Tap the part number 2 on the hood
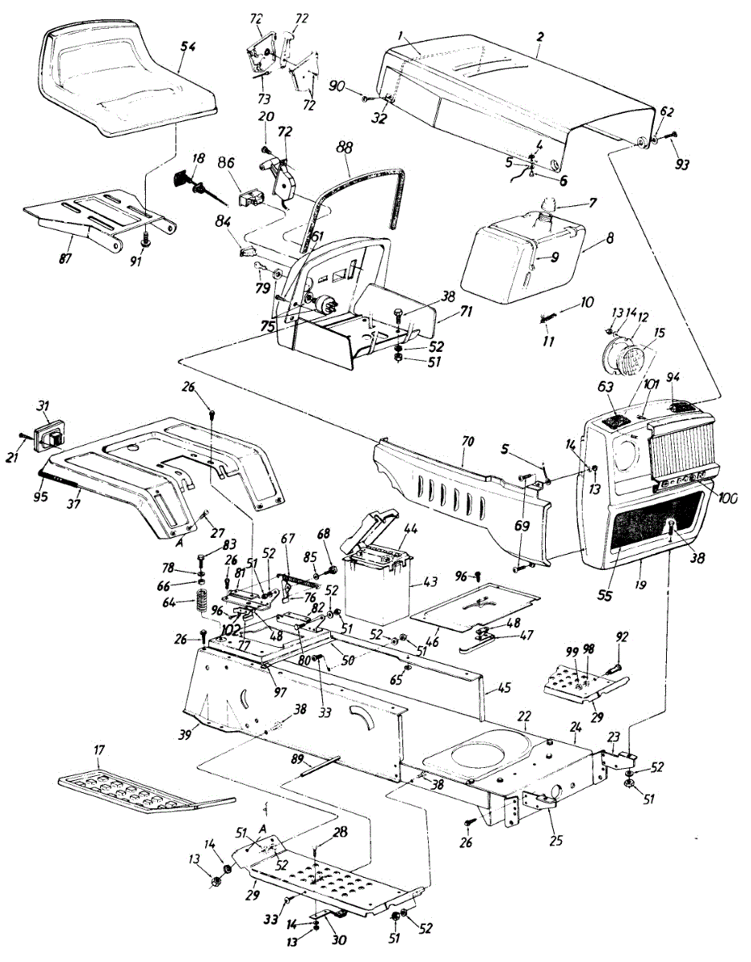539,38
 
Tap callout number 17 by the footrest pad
99,751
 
